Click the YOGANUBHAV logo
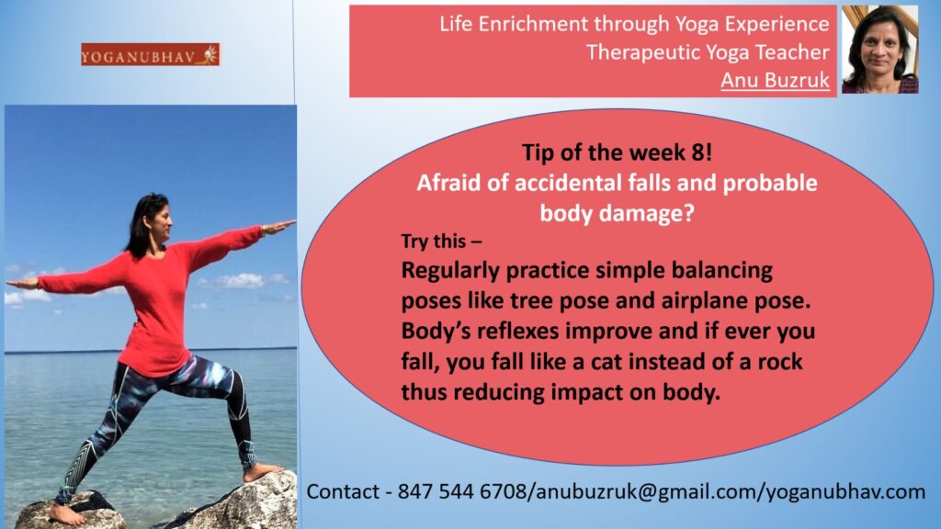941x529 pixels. point(150,54)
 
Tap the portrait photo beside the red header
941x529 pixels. point(879,50)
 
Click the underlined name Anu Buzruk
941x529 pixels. point(775,80)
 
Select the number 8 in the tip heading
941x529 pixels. point(699,152)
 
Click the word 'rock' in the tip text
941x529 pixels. point(780,362)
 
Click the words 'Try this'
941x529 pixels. point(434,242)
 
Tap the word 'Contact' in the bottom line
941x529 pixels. point(343,492)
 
